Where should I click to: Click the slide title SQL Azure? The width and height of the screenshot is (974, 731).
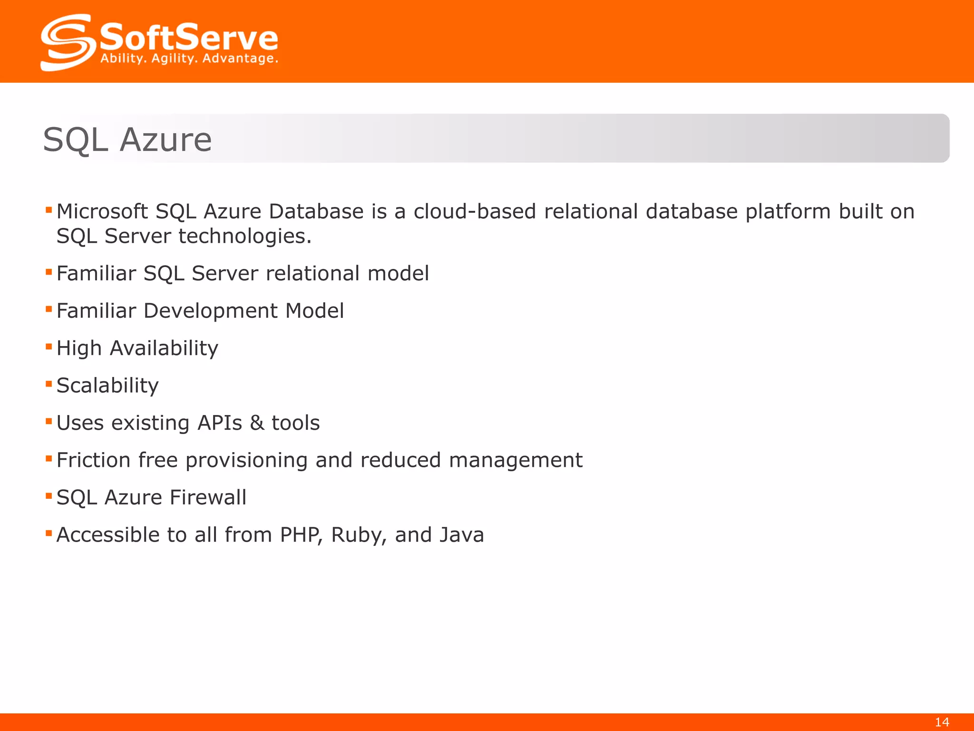127,139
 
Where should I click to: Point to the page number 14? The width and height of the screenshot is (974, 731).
942,722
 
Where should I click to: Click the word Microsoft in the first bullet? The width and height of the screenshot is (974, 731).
102,211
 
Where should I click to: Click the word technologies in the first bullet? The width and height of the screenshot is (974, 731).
244,236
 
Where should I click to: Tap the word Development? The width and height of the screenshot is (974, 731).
210,311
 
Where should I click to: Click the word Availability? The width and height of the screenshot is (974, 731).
164,348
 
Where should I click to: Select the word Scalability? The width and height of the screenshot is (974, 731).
107,385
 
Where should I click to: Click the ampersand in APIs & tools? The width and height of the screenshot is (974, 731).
257,423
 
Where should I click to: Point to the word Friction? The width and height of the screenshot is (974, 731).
93,460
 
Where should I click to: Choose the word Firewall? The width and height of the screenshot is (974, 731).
208,497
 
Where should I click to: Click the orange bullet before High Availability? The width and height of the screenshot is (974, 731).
49,347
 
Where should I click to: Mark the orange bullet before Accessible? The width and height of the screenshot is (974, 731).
49,533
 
